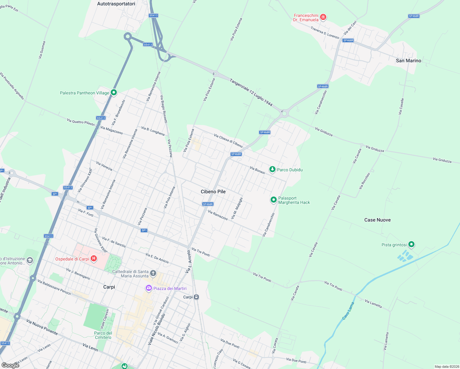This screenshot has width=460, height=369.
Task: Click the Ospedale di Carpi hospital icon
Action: coord(94,259)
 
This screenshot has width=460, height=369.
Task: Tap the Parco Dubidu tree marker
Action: coord(272,169)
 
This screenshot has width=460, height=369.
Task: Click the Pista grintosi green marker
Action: coord(411,244)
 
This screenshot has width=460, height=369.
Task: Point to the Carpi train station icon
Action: coord(196,297)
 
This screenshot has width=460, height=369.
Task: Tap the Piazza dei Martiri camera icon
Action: coord(149,288)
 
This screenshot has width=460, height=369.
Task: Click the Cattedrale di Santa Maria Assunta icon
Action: coord(153,273)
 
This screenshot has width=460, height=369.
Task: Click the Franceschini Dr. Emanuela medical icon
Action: coord(323,17)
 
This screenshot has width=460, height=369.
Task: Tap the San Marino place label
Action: coord(408,61)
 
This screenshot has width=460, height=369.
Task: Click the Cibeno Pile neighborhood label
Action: coord(213,192)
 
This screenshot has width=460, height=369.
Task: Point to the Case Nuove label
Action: coord(377,220)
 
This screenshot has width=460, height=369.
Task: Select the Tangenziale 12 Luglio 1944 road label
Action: coord(251,93)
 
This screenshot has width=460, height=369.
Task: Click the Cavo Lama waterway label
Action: coord(348,311)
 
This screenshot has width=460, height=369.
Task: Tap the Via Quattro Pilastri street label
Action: coord(81,122)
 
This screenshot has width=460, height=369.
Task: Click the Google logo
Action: coord(10,365)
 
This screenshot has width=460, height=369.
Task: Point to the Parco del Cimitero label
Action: coord(103,335)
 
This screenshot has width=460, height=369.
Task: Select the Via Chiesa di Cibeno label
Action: coord(228,141)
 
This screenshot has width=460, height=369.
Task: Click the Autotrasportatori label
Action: coord(116,4)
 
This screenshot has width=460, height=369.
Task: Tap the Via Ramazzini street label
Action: coord(218,215)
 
